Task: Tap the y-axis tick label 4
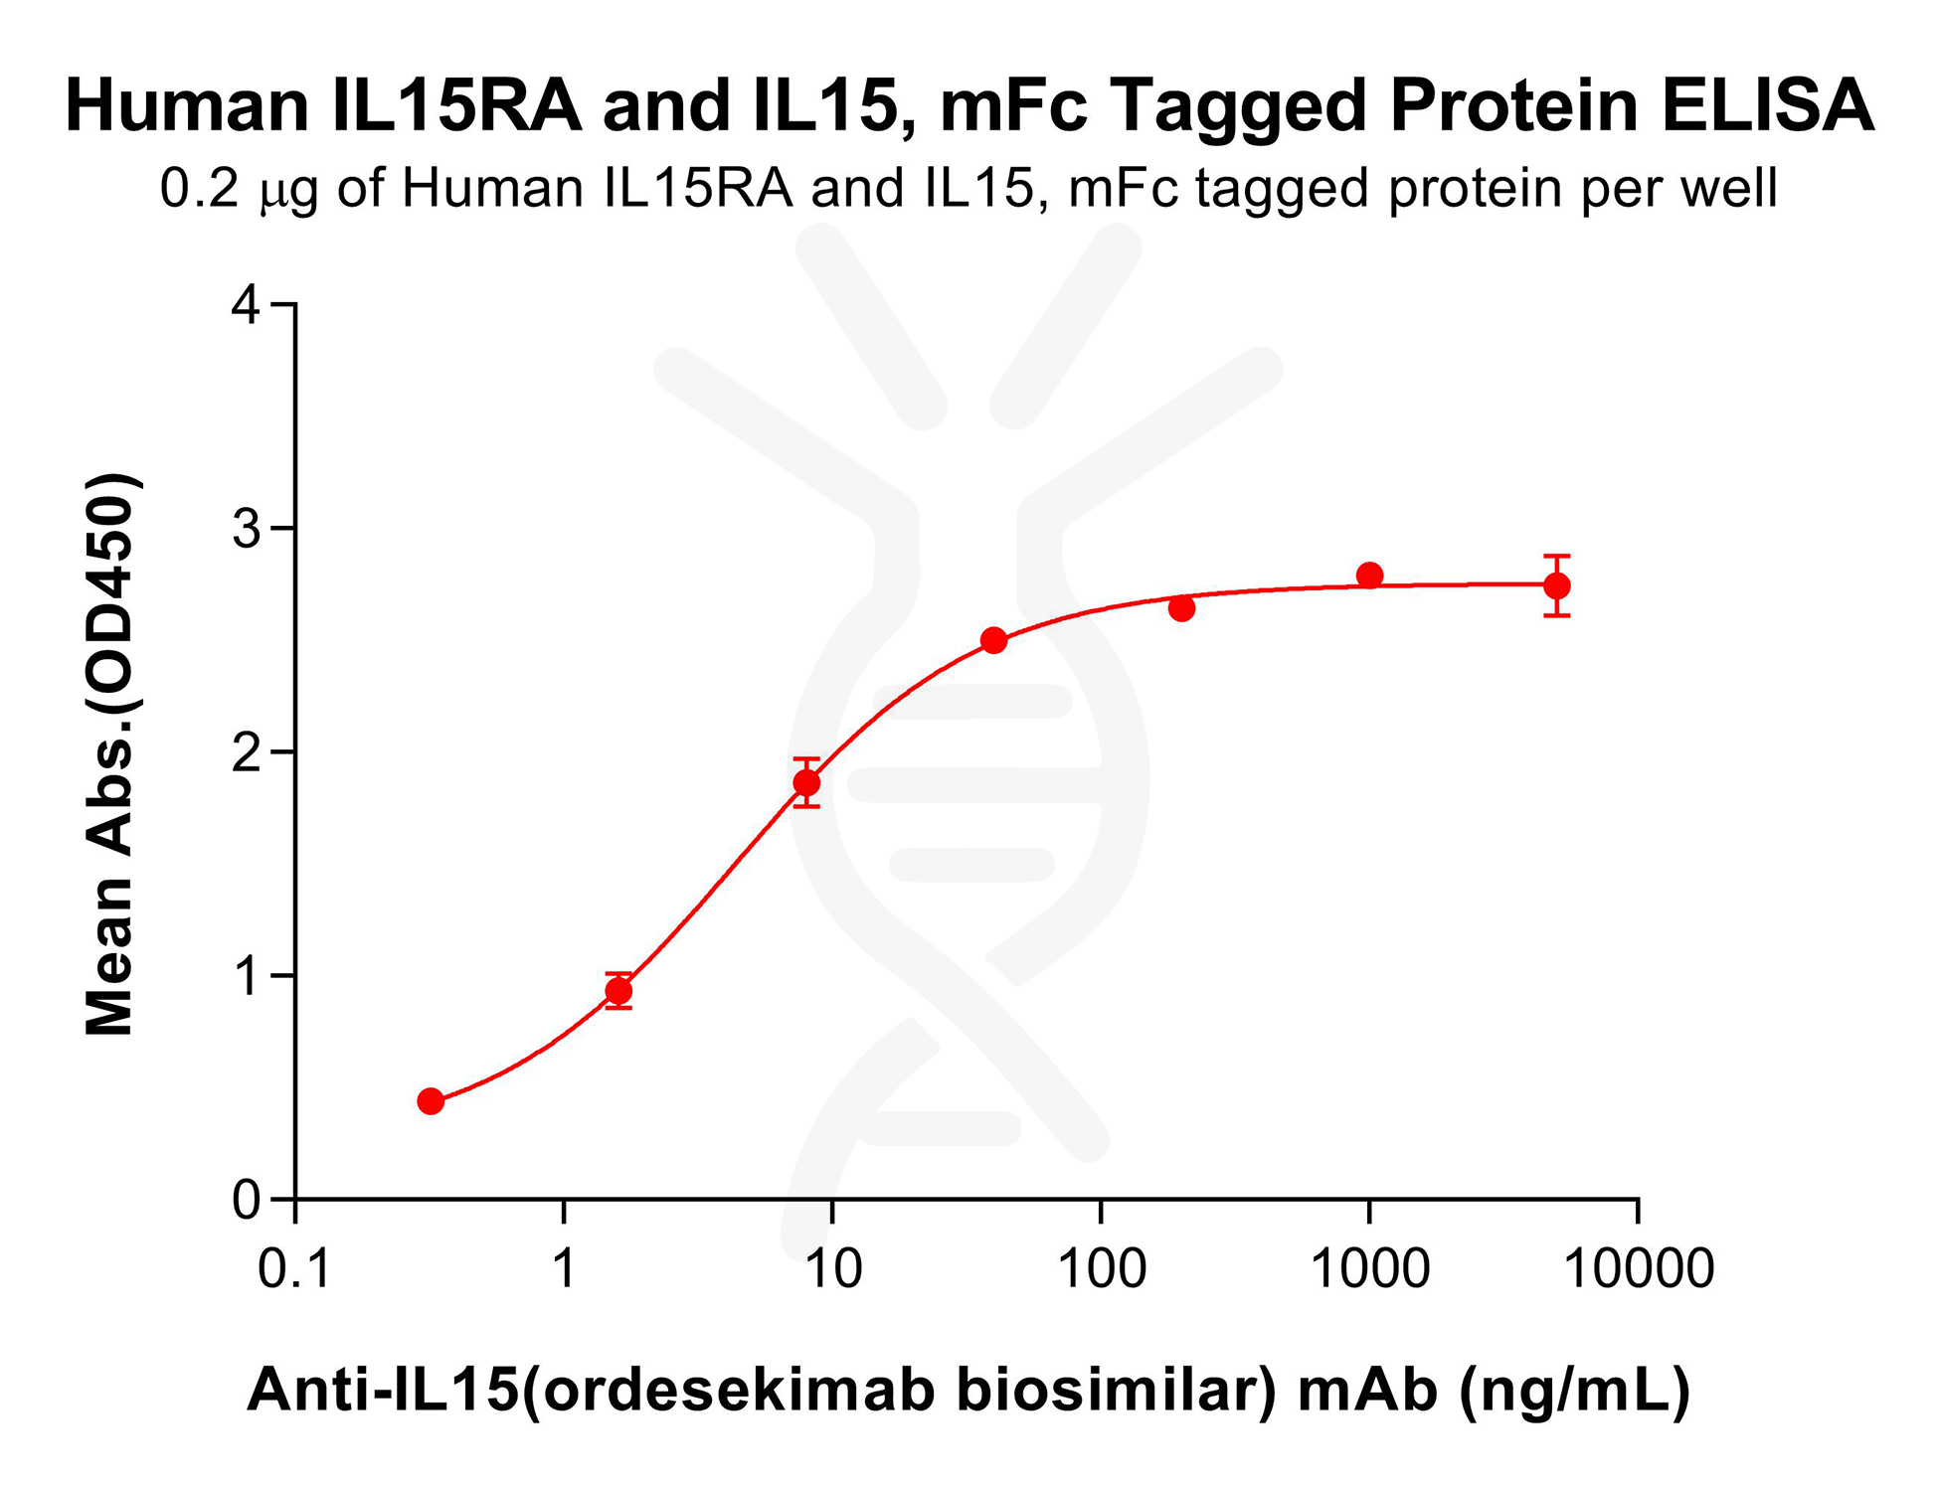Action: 246,304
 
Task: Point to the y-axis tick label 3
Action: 246,529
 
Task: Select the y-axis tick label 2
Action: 246,752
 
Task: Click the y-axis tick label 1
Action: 246,976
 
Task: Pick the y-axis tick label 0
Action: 246,1201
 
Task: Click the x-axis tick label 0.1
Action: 294,1269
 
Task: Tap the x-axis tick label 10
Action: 832,1269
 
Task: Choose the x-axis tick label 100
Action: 1101,1269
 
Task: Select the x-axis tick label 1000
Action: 1369,1269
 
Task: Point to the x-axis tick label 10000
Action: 1639,1269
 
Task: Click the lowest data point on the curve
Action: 431,1101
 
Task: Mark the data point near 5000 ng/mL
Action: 1557,586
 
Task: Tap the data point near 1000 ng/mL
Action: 1369,576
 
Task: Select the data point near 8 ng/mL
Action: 806,783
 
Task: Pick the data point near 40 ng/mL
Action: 993,641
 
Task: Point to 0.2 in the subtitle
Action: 199,189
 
